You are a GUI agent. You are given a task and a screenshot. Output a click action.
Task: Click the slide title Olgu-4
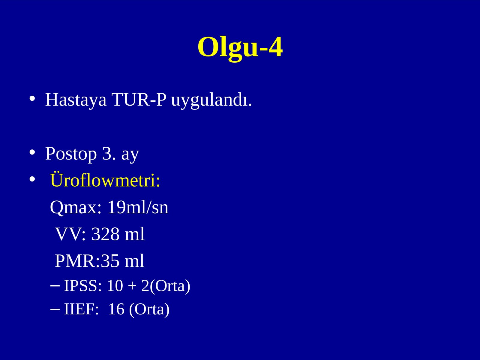(240, 48)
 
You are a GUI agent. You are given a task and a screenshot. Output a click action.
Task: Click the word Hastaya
(76, 100)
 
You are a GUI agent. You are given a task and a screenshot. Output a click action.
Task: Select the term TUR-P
(139, 100)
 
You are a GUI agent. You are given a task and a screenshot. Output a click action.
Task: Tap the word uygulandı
(211, 100)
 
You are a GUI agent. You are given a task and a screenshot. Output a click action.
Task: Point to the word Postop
(71, 154)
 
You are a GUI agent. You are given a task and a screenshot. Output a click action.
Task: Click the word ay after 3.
(130, 155)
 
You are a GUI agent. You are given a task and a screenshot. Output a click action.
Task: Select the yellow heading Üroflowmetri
(105, 180)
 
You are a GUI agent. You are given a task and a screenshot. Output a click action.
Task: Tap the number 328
(105, 234)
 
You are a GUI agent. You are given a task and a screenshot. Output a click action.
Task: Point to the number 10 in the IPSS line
(115, 286)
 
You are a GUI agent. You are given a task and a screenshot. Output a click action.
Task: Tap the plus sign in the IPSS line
(132, 286)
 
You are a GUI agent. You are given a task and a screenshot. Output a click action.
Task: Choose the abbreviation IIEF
(81, 309)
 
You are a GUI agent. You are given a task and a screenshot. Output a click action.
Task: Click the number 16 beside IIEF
(116, 309)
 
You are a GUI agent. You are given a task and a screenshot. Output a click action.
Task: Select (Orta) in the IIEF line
(149, 310)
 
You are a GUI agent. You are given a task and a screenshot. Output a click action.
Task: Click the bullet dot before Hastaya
(32, 99)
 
